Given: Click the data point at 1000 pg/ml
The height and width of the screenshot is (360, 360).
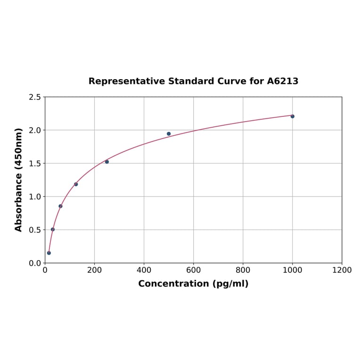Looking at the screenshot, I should pos(292,116).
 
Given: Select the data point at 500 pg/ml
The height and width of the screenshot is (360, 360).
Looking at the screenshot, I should pos(169,134).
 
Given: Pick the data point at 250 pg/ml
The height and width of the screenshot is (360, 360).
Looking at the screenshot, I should pos(107,162).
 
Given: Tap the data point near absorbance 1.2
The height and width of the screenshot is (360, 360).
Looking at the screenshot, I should pos(76,184).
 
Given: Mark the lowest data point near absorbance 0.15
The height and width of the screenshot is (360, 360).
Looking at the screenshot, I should pos(49,253).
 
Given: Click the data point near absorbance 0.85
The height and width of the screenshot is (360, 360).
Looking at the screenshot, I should pos(60,206).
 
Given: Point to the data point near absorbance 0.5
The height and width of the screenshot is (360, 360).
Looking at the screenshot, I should pos(53,229).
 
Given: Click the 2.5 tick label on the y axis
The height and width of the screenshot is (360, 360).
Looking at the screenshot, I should pos(35,97).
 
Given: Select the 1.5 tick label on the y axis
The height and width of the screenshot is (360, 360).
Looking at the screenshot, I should pos(35,164).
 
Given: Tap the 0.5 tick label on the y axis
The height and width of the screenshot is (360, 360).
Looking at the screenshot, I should pos(35,230).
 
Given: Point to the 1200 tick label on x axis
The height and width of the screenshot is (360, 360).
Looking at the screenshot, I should pos(342,270).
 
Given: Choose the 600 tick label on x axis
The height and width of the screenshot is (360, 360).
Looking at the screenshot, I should pos(193,270).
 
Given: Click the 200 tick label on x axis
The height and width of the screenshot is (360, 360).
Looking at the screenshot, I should pos(94,270).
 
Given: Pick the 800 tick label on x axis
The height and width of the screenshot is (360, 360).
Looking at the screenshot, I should pos(243,270).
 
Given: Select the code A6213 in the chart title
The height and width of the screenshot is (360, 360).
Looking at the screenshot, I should pos(283,81).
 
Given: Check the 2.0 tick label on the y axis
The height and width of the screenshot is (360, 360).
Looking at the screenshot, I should pos(35,130).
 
